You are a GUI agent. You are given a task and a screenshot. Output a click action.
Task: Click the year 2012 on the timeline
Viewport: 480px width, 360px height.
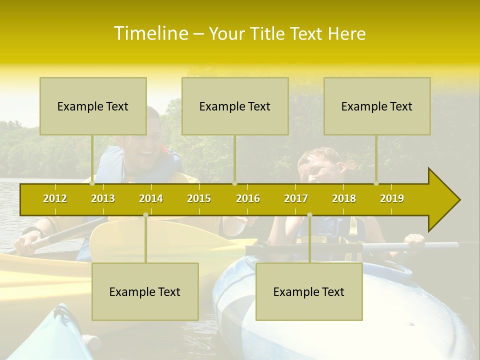pos(55,198)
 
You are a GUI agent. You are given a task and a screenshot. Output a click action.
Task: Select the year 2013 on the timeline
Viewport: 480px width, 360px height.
pos(103,198)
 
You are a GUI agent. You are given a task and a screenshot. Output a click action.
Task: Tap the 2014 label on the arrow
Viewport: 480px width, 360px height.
pos(151,198)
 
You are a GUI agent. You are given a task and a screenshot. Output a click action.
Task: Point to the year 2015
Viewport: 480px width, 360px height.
pos(199,198)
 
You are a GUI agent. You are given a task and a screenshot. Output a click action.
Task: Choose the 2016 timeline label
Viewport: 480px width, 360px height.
pos(248,198)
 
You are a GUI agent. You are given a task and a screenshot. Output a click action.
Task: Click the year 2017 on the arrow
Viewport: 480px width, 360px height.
pos(296,198)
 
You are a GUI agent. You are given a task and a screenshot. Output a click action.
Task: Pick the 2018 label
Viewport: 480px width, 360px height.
pos(344,198)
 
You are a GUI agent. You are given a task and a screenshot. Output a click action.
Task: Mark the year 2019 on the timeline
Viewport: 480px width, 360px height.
pos(392,198)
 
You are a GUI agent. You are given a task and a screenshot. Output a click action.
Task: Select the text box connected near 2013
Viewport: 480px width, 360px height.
pos(93,106)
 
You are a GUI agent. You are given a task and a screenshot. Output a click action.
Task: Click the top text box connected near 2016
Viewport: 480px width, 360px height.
pos(235,106)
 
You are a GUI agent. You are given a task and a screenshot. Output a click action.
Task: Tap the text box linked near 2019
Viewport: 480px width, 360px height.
pos(377,106)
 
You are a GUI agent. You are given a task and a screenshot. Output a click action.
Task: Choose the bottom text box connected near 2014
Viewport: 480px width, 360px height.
pos(145,291)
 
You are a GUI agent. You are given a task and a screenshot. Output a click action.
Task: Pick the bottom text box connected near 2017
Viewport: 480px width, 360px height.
pos(309,291)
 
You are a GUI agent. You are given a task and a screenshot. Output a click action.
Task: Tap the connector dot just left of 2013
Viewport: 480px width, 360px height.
pos(92,183)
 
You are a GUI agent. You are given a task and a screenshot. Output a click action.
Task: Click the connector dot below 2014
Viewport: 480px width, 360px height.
pos(145,215)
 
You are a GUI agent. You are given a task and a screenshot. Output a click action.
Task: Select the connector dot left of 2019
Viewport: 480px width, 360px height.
pos(376,183)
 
